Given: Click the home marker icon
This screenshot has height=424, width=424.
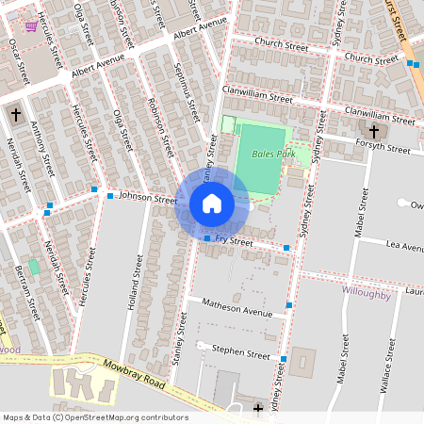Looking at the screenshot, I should [x=212, y=204].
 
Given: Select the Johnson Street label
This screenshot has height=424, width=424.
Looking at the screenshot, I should [x=148, y=199].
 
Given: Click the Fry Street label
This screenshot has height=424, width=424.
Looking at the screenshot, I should [x=235, y=242].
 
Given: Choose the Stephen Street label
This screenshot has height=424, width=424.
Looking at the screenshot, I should [x=240, y=353].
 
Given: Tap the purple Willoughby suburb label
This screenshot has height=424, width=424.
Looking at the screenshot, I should [x=366, y=294].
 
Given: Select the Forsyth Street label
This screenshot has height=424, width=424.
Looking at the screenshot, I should [x=383, y=146].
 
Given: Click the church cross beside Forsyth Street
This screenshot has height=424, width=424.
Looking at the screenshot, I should [x=373, y=131].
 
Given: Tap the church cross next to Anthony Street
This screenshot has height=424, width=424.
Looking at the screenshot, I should [x=14, y=114].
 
